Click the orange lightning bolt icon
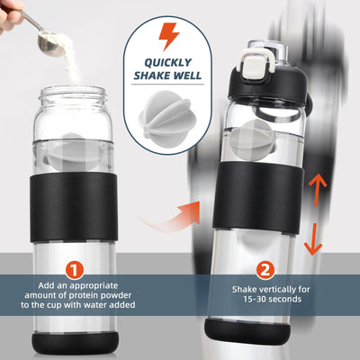(x=168, y=36)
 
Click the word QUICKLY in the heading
(x=169, y=63)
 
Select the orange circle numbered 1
(x=76, y=269)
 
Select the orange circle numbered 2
(x=265, y=269)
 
